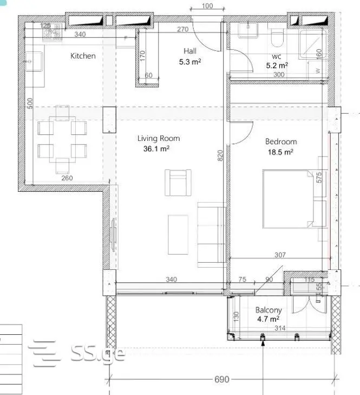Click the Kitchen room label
coord(83,56)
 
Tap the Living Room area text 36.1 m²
coord(156,148)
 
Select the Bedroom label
coord(281,141)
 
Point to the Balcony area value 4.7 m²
coord(268,319)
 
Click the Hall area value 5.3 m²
coord(190,62)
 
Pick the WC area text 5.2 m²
coord(277,66)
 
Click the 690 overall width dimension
coord(222,379)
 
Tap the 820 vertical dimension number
coord(220,156)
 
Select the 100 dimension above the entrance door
coord(207,6)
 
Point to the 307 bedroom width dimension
coord(280,255)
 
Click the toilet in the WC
coord(277,38)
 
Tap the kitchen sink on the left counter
coord(34,61)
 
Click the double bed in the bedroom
coord(288,199)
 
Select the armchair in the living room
coord(178,183)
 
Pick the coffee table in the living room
coord(178,235)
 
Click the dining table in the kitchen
coord(62,139)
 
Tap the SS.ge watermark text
coord(97,353)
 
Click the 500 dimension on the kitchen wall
coord(30,103)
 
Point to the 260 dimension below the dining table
coord(67,178)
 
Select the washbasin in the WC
coord(248,30)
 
